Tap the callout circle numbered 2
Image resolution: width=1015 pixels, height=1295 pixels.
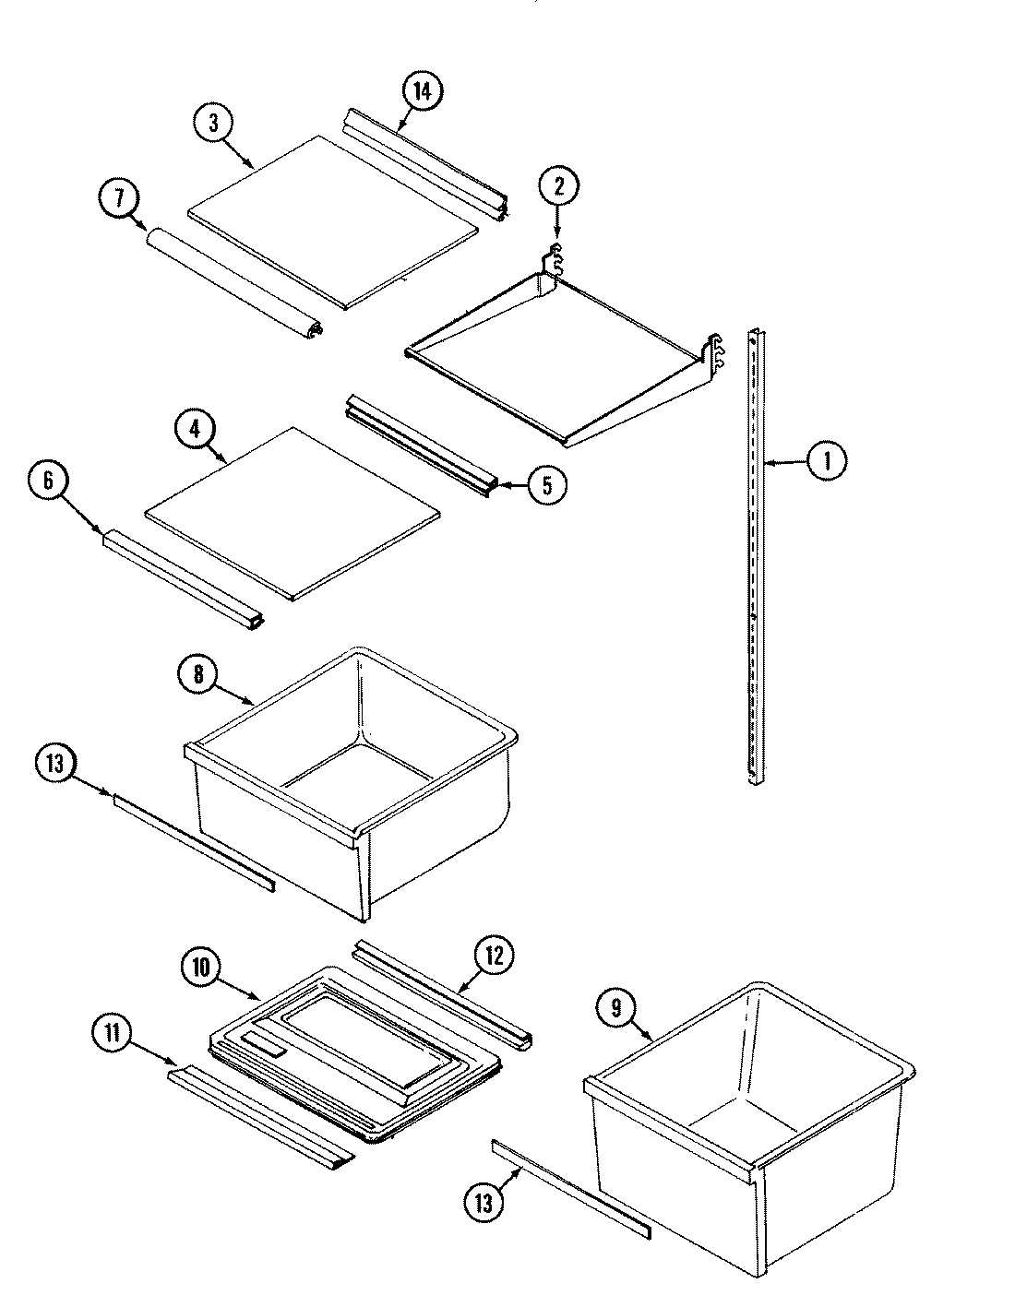tap(558, 186)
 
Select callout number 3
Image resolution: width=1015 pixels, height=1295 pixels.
tap(213, 125)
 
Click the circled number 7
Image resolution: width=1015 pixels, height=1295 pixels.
tap(118, 198)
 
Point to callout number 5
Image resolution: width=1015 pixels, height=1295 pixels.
tap(546, 485)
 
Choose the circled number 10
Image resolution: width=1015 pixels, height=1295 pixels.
tap(201, 968)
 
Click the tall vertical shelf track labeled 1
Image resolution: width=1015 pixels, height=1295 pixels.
tap(756, 553)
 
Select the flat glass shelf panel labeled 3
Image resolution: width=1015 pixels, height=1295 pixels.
tap(332, 221)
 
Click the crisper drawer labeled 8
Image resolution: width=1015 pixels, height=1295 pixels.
tap(351, 784)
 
